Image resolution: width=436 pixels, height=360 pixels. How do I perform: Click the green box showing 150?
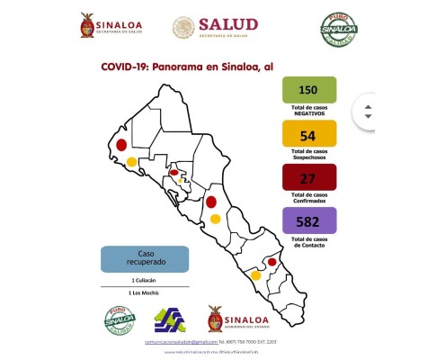308,91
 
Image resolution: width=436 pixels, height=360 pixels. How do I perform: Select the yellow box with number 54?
308,134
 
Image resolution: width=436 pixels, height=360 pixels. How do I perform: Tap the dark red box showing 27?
308,177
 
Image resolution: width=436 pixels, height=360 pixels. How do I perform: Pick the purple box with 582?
308,220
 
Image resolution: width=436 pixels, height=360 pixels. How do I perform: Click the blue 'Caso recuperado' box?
145,259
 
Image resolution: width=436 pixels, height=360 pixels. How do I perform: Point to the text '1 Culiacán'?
146,282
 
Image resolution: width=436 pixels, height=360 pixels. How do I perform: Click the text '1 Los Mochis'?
146,294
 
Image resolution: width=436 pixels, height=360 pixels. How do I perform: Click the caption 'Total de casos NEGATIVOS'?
308,112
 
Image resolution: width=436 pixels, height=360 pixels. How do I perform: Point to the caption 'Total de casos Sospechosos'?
308,156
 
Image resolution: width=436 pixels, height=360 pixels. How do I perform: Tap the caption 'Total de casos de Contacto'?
308,242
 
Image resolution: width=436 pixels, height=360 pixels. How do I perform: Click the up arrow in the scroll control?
367,103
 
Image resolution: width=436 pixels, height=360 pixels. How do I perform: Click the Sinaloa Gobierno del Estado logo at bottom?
238,319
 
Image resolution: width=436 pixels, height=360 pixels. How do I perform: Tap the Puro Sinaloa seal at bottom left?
117,319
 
